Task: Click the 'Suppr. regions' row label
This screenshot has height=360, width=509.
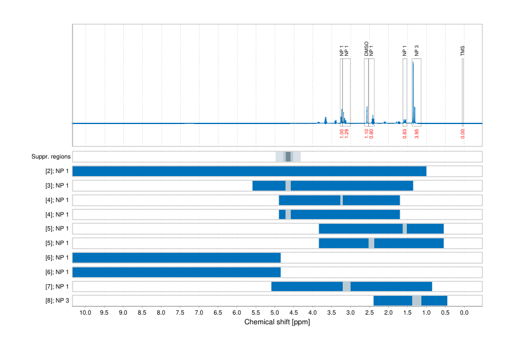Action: coord(51,157)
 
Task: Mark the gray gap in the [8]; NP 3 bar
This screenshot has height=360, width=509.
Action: coord(417,301)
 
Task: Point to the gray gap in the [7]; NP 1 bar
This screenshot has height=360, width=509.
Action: coord(346,286)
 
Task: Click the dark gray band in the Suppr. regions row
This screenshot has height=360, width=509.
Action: coord(288,157)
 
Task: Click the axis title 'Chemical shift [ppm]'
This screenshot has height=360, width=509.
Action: coord(277,322)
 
